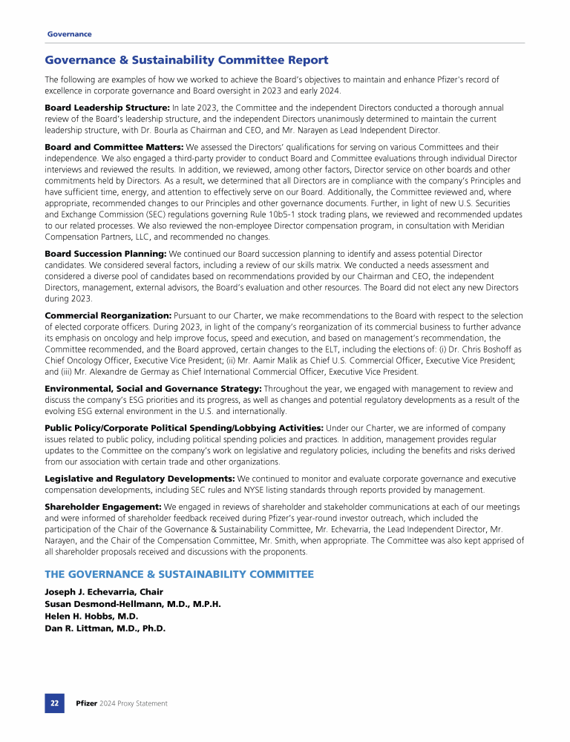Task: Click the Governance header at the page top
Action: pos(70,34)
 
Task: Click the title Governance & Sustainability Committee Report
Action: pos(186,60)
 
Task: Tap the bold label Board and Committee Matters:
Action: pos(114,147)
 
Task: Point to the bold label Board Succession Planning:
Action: pos(106,254)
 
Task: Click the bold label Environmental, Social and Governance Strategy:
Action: pos(153,388)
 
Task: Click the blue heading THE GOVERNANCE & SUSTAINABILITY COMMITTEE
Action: pos(179,574)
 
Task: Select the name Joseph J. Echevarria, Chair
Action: pos(104,592)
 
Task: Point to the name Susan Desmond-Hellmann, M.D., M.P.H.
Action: pos(133,604)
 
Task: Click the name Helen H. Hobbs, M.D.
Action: pos(91,616)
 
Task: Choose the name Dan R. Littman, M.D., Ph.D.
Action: pos(105,628)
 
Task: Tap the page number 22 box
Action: pos(55,703)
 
